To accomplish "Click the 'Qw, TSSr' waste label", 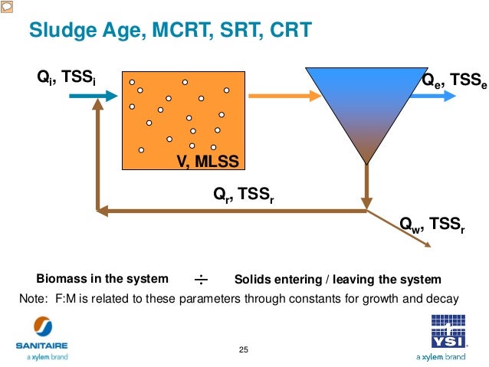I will click(433, 224).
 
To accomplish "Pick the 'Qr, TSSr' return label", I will click(244, 196).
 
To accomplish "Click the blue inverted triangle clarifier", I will click(366, 107).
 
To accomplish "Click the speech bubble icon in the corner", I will click(6, 6).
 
